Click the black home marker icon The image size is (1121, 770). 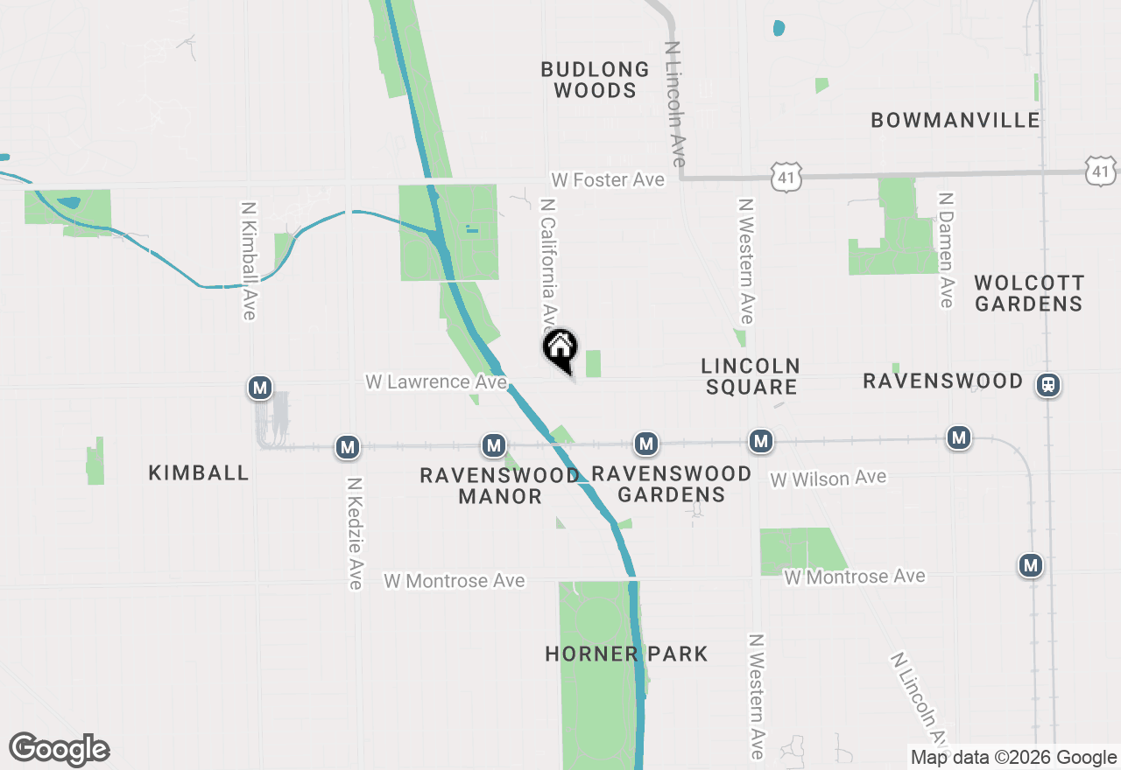tap(560, 348)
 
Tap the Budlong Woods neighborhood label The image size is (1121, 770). tap(595, 80)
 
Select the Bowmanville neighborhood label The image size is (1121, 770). tap(955, 120)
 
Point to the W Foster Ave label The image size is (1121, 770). tap(608, 179)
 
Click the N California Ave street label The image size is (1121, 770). tap(549, 262)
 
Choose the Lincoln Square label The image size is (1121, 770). tap(751, 376)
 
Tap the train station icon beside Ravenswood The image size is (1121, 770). tap(1047, 384)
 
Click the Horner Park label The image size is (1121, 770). tap(626, 654)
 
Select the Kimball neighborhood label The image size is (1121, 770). tap(199, 472)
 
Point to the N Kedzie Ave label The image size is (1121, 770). tap(355, 533)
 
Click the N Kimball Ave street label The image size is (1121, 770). tap(249, 261)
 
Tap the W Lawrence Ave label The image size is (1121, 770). tap(435, 381)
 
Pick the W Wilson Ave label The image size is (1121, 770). tap(828, 479)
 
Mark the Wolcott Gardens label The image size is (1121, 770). tap(1029, 293)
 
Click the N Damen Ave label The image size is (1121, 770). tap(945, 250)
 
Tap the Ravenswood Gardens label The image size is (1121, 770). tap(672, 484)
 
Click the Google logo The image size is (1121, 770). tap(60, 750)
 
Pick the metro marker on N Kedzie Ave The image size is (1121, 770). tap(349, 448)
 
